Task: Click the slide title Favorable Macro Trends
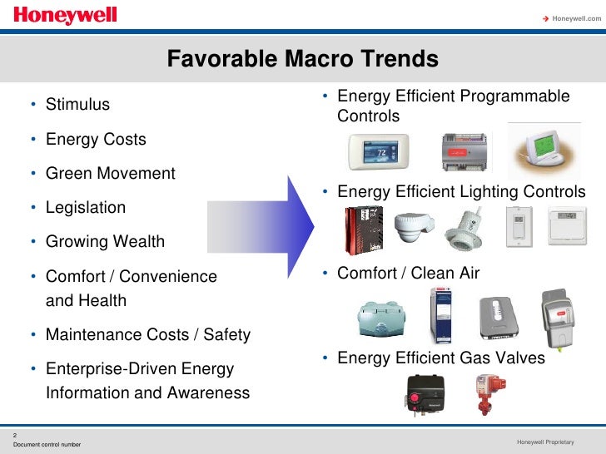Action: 302,59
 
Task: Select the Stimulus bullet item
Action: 77,105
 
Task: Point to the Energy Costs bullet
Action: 96,139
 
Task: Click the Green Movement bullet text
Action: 110,174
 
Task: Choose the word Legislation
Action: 86,208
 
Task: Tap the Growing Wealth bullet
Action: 105,242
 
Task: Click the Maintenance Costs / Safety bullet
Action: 147,335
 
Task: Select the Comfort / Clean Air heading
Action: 408,273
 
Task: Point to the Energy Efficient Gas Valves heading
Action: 440,358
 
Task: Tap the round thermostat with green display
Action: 541,149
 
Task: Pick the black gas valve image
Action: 425,394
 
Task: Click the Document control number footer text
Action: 47,444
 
